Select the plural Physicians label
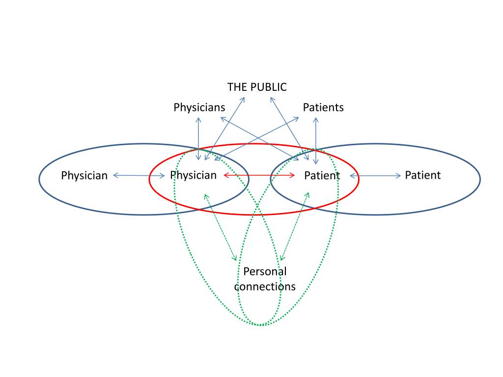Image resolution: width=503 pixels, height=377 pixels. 199,108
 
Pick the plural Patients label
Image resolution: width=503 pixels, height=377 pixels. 323,108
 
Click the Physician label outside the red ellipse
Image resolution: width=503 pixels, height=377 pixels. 84,175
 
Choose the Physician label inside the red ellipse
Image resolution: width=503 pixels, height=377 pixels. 193,175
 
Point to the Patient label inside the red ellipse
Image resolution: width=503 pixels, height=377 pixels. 322,176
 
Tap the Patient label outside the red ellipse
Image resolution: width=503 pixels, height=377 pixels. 423,175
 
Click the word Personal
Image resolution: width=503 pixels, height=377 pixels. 265,271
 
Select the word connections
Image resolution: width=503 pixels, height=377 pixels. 265,286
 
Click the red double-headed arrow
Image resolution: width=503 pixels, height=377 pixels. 259,175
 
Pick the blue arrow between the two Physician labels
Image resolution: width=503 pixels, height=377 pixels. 139,175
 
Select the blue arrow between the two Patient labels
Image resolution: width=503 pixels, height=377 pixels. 375,175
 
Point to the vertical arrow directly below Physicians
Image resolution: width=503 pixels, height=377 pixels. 198,138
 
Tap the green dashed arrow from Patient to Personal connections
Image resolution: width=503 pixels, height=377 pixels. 295,226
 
